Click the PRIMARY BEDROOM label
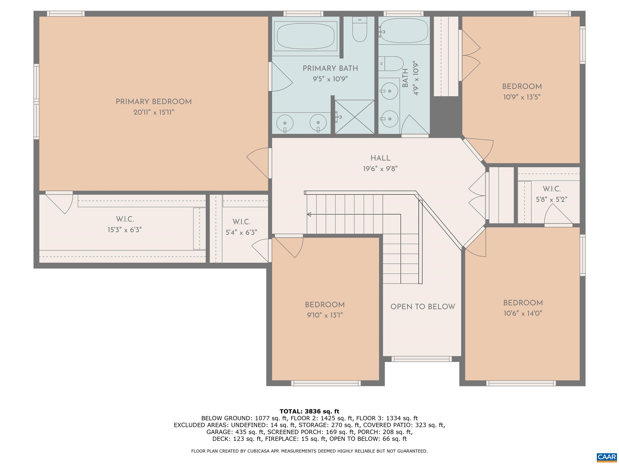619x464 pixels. click(x=154, y=101)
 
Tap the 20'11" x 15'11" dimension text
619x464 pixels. click(x=154, y=112)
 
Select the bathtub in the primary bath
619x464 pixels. click(x=306, y=36)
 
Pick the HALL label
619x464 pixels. click(x=380, y=158)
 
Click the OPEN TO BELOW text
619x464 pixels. click(x=423, y=307)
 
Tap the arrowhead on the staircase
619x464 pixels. click(x=309, y=214)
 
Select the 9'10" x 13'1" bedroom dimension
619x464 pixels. click(x=325, y=315)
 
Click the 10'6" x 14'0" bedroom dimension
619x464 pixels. click(x=523, y=313)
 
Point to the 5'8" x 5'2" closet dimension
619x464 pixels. click(x=551, y=199)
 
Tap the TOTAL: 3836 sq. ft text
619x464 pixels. click(x=309, y=411)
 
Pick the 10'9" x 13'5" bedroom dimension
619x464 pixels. click(x=522, y=97)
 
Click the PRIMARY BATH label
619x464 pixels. click(x=330, y=68)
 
